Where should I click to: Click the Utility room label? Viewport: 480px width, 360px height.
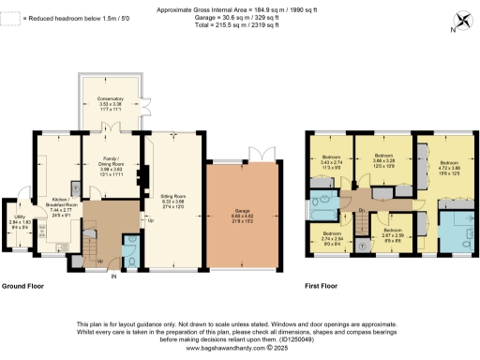coord(21,222)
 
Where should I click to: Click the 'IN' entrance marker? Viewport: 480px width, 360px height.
coord(113,277)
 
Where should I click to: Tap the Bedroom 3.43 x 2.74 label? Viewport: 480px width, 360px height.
coord(331,161)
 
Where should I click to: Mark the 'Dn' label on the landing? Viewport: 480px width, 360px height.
coord(361,211)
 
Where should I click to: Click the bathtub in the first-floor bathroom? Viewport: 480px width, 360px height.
coord(325,198)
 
